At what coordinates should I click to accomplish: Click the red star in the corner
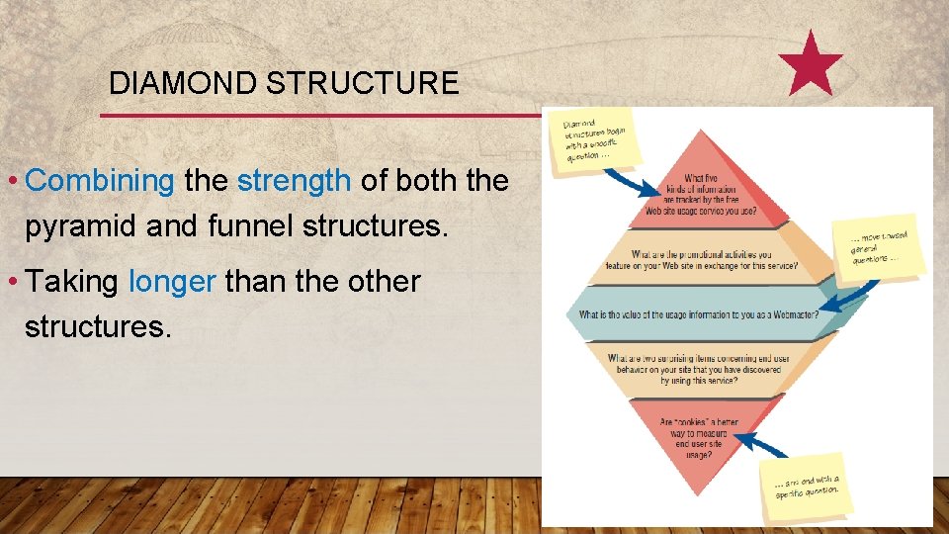pos(811,63)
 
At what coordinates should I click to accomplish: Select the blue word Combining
pos(100,181)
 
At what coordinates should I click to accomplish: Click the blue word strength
pos(294,181)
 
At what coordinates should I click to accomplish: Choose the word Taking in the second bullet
pos(74,282)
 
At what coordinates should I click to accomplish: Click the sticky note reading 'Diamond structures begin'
pos(597,136)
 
